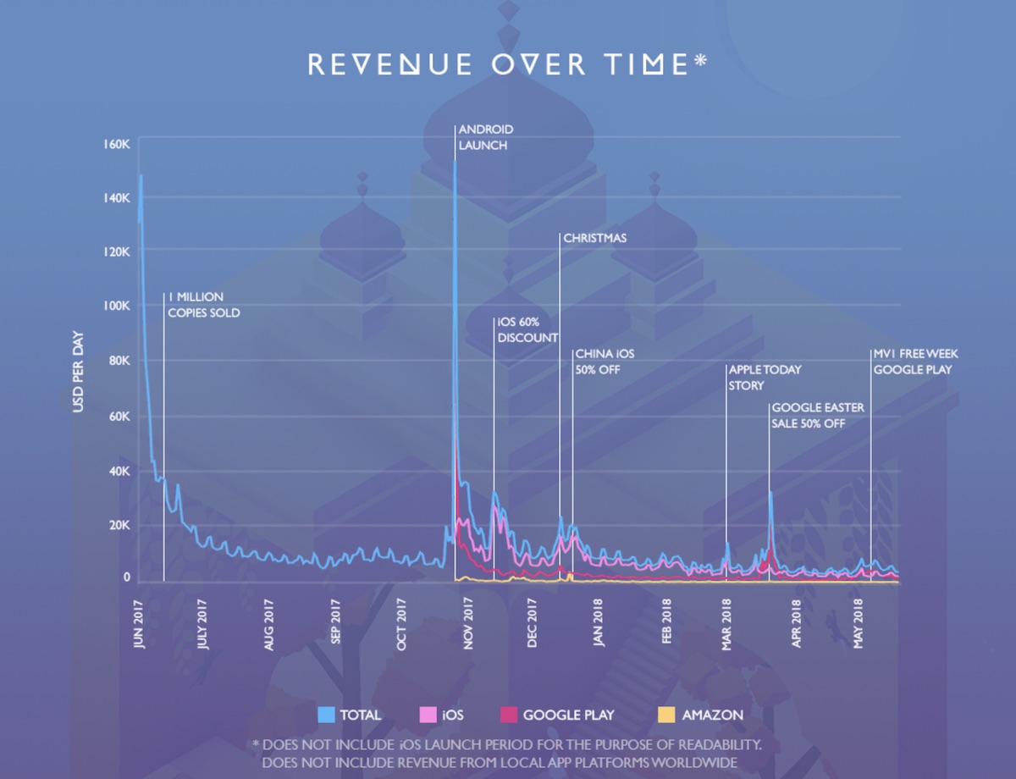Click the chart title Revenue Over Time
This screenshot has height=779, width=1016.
point(506,65)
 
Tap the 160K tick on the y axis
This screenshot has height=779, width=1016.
point(116,143)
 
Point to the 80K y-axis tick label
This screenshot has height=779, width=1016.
point(118,361)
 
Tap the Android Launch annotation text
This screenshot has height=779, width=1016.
point(485,137)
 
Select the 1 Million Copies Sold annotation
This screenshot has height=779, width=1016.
point(203,305)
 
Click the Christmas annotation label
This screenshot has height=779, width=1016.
point(594,238)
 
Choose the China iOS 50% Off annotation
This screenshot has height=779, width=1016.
point(604,362)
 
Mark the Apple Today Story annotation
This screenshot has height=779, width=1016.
point(765,378)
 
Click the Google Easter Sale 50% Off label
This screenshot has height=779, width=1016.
point(817,415)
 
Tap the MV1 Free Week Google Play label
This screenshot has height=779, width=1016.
point(915,362)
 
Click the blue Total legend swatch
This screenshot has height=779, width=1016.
point(327,715)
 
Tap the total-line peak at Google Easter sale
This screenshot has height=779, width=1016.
point(770,492)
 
